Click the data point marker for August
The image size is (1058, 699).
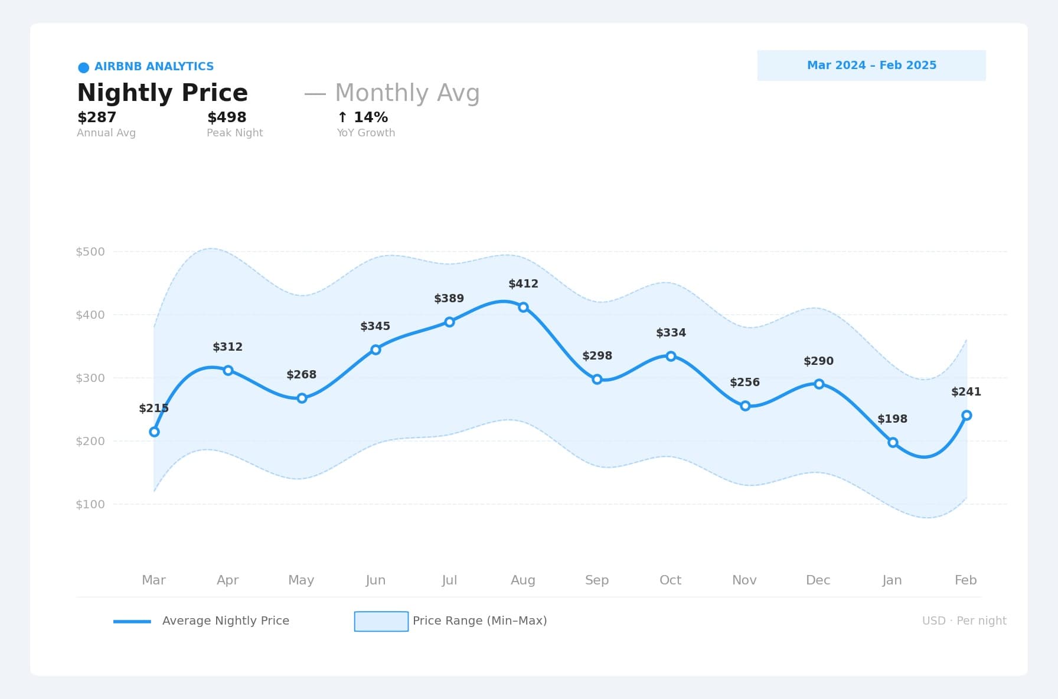(x=523, y=307)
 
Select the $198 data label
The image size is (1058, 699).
(x=892, y=419)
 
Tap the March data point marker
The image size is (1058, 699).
(x=154, y=432)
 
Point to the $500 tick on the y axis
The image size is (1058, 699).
(x=90, y=251)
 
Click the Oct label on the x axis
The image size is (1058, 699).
(x=670, y=580)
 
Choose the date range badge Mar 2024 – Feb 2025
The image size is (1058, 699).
(x=871, y=66)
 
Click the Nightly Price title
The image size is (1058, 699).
(x=162, y=93)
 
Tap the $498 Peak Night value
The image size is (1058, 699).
(x=227, y=117)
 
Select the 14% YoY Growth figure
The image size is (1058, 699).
(x=363, y=117)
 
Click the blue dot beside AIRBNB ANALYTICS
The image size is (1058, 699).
(x=84, y=67)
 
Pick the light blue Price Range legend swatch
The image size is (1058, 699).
(x=381, y=621)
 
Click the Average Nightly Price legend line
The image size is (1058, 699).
(x=132, y=621)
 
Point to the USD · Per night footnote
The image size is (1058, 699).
(x=964, y=621)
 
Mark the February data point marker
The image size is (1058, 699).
(x=966, y=415)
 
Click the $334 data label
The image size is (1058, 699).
(x=671, y=333)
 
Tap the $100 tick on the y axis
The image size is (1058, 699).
(x=90, y=504)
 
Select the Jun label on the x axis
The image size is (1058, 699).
(x=375, y=580)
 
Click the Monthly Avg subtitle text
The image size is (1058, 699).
(x=407, y=93)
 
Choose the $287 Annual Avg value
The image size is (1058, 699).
(x=97, y=117)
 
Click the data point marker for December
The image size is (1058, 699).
(x=819, y=384)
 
